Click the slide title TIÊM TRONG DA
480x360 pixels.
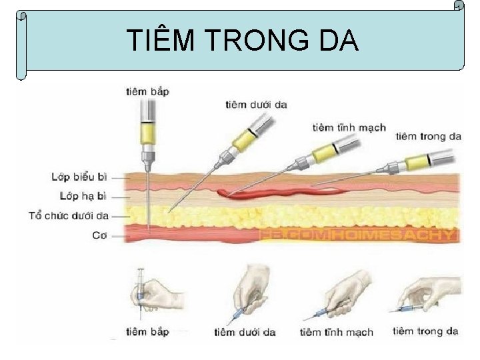(x=243, y=42)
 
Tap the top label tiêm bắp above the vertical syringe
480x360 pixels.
(x=147, y=91)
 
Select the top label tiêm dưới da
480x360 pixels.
(x=256, y=104)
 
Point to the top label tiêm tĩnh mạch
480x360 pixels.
(x=349, y=127)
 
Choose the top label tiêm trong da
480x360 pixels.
(x=429, y=137)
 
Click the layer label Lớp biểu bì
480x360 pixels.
(x=79, y=177)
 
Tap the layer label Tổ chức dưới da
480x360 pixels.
(x=69, y=215)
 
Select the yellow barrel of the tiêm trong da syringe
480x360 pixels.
(x=417, y=161)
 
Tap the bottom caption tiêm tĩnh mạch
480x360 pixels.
(x=337, y=332)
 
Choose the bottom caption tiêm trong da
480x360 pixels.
(x=425, y=331)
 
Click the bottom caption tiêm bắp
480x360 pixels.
(x=147, y=331)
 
